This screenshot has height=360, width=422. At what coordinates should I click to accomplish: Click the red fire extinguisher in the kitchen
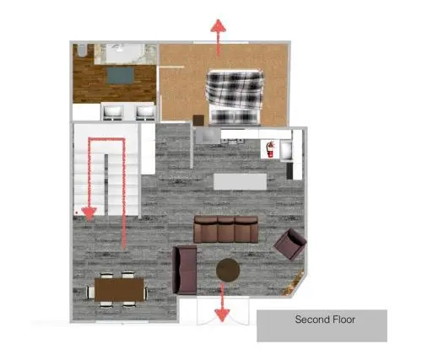[x=270, y=149]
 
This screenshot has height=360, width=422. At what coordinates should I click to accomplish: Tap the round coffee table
[x=228, y=270]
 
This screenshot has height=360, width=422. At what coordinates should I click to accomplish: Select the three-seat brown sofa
[x=226, y=229]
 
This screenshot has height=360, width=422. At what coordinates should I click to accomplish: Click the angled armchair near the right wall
[x=290, y=244]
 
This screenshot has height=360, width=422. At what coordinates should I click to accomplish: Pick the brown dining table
[x=119, y=289]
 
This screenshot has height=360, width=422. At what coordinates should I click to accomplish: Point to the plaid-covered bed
[x=235, y=97]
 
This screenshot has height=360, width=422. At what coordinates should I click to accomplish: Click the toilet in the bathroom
[x=82, y=51]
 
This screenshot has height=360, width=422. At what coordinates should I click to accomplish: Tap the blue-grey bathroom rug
[x=121, y=75]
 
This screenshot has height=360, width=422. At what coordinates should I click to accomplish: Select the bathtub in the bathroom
[x=125, y=54]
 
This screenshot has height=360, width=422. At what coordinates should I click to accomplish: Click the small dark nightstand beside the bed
[x=198, y=121]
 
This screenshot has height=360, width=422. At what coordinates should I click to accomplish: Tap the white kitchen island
[x=240, y=181]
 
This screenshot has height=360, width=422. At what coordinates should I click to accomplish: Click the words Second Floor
[x=325, y=320]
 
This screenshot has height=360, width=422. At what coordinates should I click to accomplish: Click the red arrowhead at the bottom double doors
[x=222, y=315]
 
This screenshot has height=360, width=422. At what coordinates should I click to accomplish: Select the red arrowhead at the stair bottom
[x=89, y=214]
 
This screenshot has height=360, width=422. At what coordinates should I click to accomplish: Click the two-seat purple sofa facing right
[x=185, y=270]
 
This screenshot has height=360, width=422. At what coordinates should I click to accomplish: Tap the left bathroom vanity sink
[x=113, y=112]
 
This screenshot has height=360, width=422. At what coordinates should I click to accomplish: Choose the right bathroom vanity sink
[x=145, y=112]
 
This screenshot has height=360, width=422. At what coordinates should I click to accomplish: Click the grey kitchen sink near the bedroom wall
[x=208, y=136]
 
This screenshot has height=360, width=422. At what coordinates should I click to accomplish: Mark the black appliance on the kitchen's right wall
[x=289, y=171]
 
